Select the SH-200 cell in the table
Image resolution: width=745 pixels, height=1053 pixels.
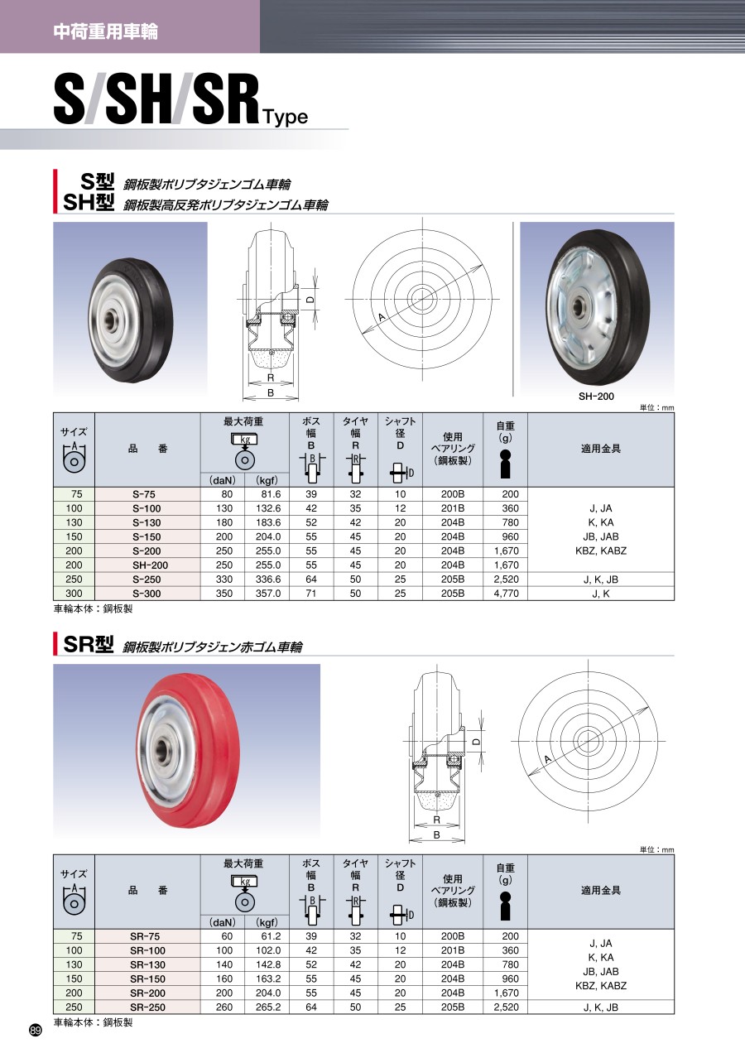pyautogui.click(x=147, y=565)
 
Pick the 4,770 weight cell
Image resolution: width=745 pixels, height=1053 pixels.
pyautogui.click(x=507, y=594)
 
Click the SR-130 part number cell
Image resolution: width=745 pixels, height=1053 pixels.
pyautogui.click(x=147, y=964)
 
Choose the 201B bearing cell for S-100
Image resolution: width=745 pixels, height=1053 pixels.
pyautogui.click(x=453, y=508)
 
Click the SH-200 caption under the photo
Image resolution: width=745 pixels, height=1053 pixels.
pyautogui.click(x=596, y=397)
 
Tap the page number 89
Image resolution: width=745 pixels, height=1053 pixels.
pyautogui.click(x=36, y=1031)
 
